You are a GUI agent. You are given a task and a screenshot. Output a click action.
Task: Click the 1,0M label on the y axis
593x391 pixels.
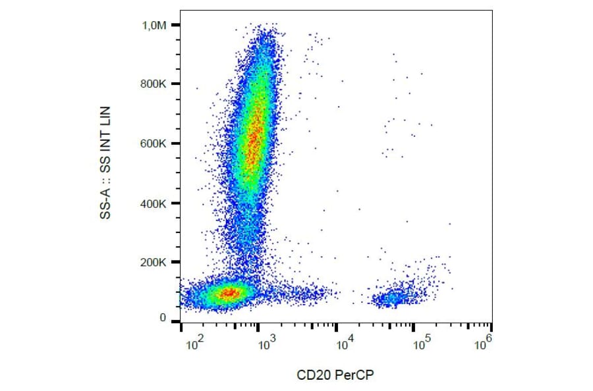point(155,25)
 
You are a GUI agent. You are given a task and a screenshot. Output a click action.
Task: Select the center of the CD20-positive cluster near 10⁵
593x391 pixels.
point(394,298)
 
